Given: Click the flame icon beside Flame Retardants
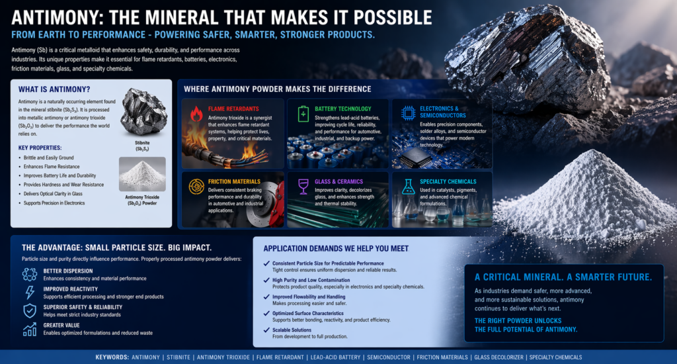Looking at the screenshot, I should [196, 114].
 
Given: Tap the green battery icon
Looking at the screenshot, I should [303, 113].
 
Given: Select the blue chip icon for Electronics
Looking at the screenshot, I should [408, 113].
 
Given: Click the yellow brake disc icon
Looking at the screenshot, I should [196, 187].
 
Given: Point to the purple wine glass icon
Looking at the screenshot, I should [303, 187].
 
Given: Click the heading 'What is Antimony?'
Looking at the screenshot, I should [50, 89].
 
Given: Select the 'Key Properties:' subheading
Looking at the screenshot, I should [41, 148].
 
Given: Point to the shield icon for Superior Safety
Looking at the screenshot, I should [30, 311].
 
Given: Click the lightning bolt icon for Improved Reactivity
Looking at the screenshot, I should [30, 293].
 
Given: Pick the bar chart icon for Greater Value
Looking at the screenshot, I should [30, 329].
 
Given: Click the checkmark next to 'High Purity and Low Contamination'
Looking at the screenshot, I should [266, 281].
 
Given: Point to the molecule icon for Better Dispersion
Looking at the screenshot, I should [30, 275].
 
